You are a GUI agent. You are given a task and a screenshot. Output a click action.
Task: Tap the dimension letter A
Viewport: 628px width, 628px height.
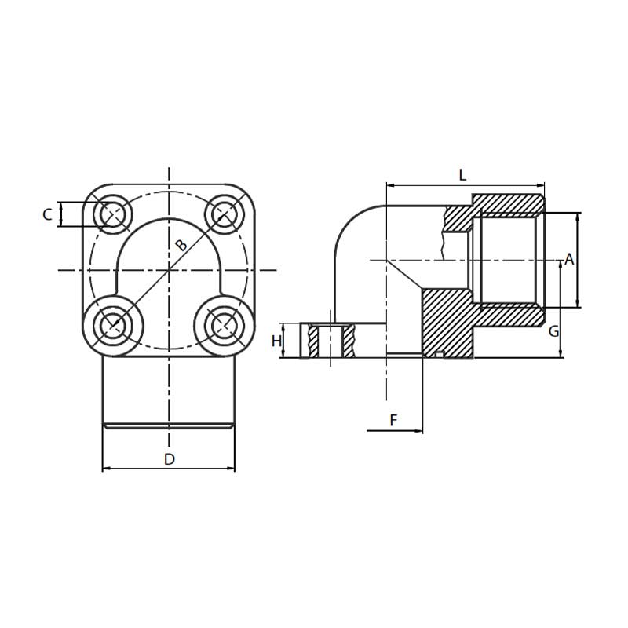[x=569, y=260]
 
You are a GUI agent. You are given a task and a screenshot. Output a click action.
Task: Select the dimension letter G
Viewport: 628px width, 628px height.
[x=553, y=331]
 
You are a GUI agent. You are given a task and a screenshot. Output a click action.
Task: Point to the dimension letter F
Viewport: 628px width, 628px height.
[x=394, y=421]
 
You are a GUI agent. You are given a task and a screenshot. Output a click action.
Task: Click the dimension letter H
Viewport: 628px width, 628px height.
[x=276, y=341]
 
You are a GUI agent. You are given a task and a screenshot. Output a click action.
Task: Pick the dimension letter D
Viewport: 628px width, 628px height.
[x=169, y=459]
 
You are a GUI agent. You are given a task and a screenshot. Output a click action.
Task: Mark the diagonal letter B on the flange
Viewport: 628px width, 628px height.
[x=181, y=246]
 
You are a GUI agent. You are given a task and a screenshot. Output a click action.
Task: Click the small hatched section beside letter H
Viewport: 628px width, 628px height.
[x=314, y=341]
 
